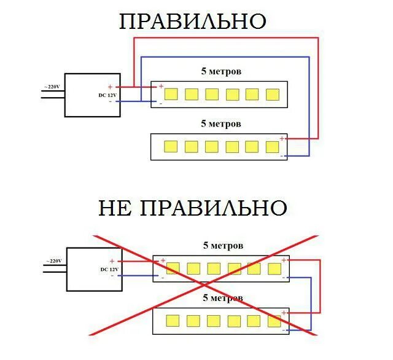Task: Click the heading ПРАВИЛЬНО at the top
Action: [x=193, y=21]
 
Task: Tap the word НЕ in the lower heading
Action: [x=115, y=208]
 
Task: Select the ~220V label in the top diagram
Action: [x=52, y=87]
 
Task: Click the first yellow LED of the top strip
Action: [x=171, y=94]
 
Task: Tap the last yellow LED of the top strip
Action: [x=272, y=94]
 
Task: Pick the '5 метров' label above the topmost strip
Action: [x=221, y=71]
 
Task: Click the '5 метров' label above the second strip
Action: [x=221, y=123]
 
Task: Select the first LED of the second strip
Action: [x=171, y=146]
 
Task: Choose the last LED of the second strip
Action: [x=272, y=146]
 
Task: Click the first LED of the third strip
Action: [x=173, y=268]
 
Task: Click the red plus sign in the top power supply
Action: [x=111, y=87]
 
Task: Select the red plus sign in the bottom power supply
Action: [x=112, y=262]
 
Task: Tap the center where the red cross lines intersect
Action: [x=204, y=285]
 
